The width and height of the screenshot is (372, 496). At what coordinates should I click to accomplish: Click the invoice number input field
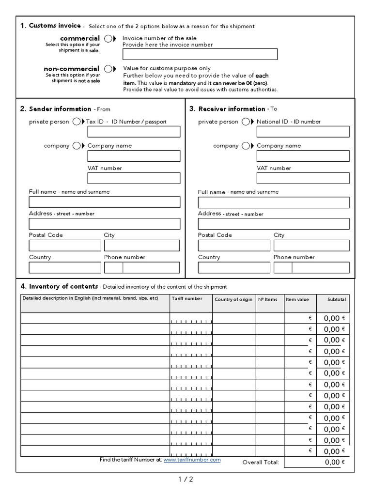coord(200,54)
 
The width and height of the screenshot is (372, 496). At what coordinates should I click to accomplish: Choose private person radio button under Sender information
coord(77,122)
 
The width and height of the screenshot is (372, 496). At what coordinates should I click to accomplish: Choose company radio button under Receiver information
coord(246,146)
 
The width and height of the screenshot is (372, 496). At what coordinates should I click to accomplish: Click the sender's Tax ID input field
coord(134,132)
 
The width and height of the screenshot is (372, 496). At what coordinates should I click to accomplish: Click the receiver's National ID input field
coord(303,132)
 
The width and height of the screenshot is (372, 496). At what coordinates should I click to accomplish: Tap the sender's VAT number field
coord(134,178)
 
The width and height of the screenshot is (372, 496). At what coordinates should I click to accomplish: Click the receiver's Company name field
coord(303,156)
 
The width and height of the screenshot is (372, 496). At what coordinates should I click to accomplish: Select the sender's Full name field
coord(105,202)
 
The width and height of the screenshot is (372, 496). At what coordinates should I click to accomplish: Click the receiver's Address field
coord(274,224)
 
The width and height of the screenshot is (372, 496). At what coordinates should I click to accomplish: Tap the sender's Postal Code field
coord(65,246)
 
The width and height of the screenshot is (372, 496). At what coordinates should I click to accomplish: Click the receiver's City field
coord(311,246)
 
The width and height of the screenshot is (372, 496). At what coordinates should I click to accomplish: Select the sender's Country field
coord(65,268)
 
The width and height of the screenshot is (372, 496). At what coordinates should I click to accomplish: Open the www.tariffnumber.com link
coord(192,460)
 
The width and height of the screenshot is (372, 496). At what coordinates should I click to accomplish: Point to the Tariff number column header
coord(187,299)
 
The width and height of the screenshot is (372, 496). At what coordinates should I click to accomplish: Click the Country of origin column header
coord(233,299)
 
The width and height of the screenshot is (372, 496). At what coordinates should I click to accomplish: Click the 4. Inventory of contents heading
coord(60,286)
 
